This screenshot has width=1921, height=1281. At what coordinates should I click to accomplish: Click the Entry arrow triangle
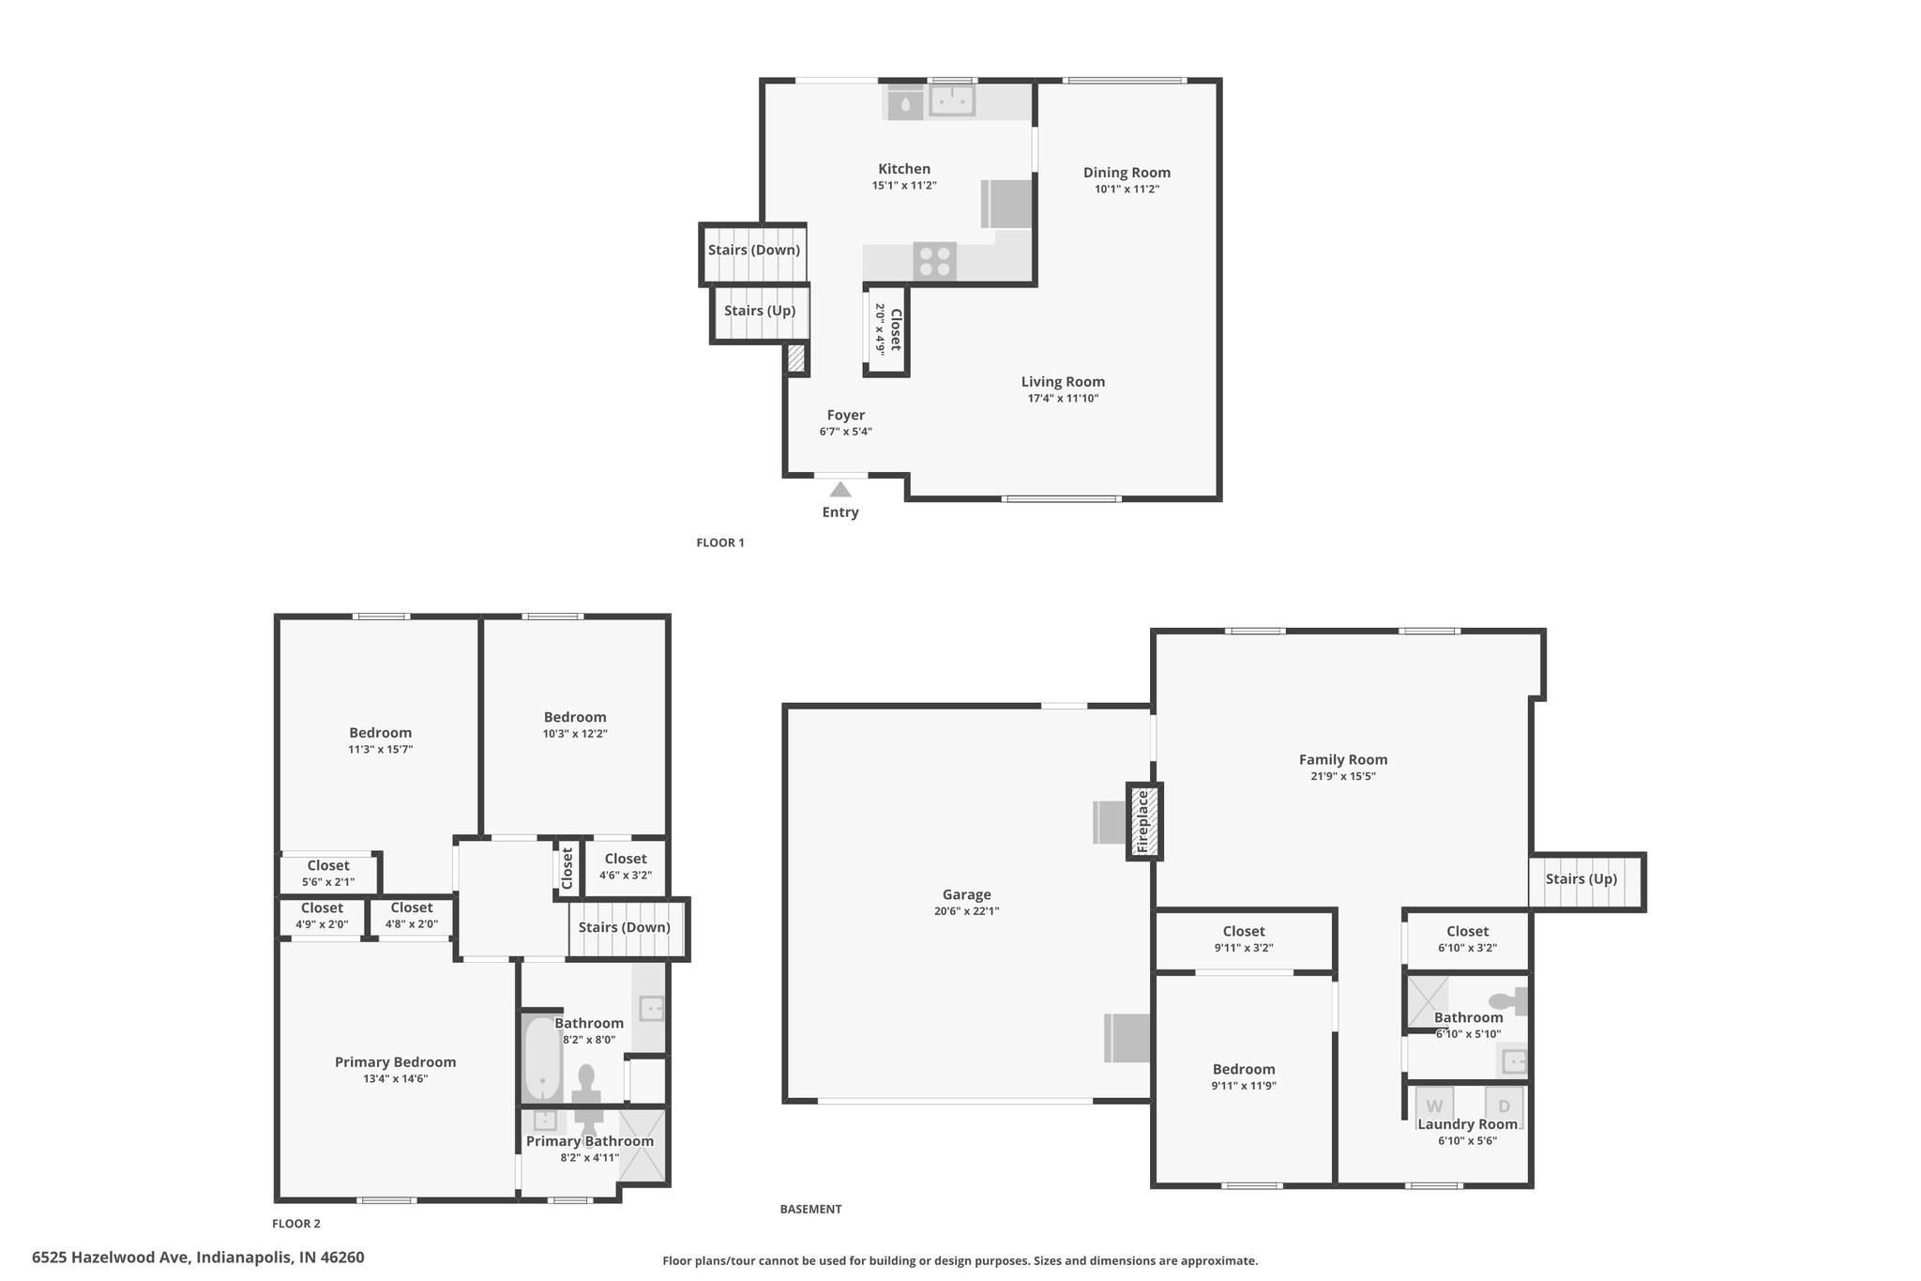click(x=840, y=489)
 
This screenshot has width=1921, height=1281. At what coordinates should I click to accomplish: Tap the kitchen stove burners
click(x=935, y=261)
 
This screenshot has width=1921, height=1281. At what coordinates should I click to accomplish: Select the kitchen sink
click(x=952, y=100)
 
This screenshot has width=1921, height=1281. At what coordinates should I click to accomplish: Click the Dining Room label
click(x=1127, y=173)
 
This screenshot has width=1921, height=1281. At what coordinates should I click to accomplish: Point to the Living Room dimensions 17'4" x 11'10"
click(x=1063, y=399)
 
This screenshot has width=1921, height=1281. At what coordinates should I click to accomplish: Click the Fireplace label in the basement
click(x=1142, y=822)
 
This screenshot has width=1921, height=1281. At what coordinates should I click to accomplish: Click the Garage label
click(x=967, y=895)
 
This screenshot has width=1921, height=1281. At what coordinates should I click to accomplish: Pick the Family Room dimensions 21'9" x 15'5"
click(x=1343, y=777)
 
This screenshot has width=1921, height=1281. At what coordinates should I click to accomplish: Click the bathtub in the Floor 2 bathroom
click(x=542, y=1060)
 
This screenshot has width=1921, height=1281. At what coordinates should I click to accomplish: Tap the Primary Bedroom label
click(x=396, y=1062)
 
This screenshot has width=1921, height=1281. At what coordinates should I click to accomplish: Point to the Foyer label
click(x=846, y=416)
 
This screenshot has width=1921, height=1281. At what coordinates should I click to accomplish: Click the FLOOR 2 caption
click(x=296, y=1224)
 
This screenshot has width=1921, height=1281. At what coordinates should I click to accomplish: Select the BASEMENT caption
click(x=810, y=1210)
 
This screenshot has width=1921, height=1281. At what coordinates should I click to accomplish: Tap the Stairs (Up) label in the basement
click(x=1581, y=879)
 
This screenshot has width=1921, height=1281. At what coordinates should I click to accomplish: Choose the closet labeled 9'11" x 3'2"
click(x=1244, y=938)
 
